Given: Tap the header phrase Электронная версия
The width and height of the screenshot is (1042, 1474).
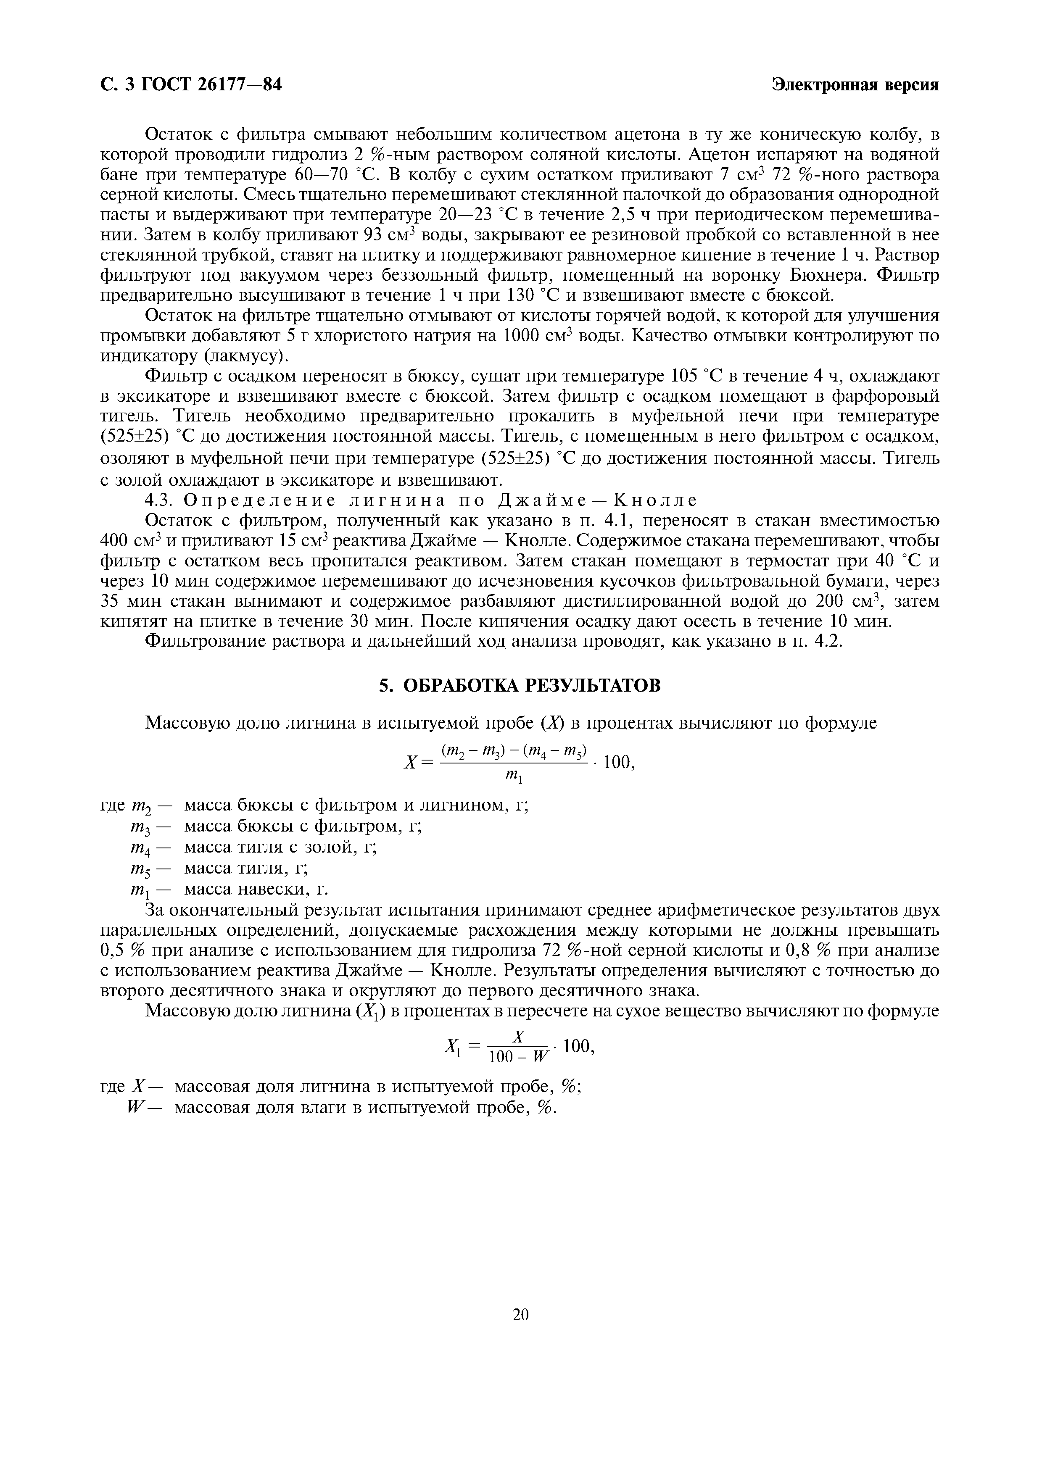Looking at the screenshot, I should click(x=855, y=85).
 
